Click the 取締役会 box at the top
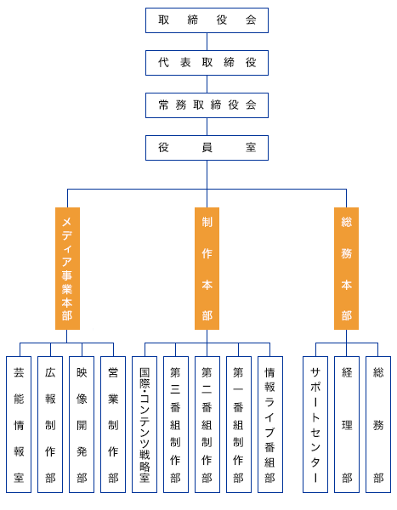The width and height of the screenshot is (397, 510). click(x=207, y=20)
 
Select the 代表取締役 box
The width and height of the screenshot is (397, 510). click(x=207, y=63)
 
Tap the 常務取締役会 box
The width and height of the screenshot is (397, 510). click(x=207, y=105)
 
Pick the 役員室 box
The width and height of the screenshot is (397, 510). click(x=207, y=148)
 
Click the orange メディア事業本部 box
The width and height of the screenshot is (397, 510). click(x=67, y=269)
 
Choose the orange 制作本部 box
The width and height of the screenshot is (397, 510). click(x=207, y=269)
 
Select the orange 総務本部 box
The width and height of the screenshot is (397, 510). click(x=346, y=269)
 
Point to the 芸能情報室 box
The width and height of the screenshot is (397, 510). click(x=19, y=424)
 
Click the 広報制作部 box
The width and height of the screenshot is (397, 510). click(x=50, y=424)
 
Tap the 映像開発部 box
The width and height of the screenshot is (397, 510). click(x=82, y=424)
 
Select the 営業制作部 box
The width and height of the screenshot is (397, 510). click(x=113, y=424)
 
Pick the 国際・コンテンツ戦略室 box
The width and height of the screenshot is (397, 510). click(x=145, y=424)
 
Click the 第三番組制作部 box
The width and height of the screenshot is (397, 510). click(x=176, y=424)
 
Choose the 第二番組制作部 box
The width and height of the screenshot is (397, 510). click(x=207, y=424)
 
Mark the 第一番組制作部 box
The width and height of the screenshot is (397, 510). click(x=239, y=424)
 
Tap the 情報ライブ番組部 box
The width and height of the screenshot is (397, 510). click(x=270, y=424)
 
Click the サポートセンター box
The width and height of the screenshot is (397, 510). click(x=315, y=424)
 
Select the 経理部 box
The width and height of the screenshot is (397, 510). click(x=347, y=424)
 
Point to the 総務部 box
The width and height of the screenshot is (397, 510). click(x=378, y=424)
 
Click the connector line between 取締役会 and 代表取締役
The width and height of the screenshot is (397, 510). click(x=207, y=42)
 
